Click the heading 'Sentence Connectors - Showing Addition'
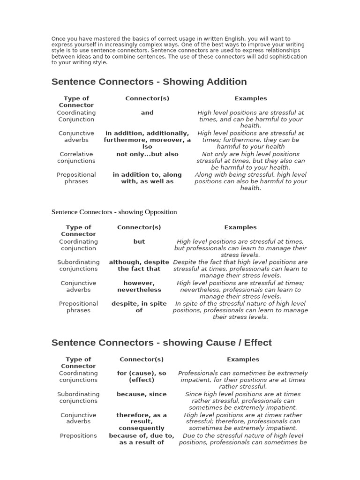(x=149, y=82)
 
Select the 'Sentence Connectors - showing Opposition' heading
(x=114, y=212)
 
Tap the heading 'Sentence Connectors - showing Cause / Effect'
(x=161, y=343)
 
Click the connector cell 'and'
(x=147, y=112)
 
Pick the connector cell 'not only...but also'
(x=147, y=154)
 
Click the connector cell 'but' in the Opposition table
(x=139, y=242)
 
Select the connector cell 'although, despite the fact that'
(x=139, y=266)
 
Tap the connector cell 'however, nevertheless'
(x=139, y=286)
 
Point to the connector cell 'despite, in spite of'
(x=139, y=307)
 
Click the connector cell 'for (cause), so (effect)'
(x=142, y=377)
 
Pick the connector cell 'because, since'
(x=142, y=394)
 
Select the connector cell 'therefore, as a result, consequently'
(x=142, y=421)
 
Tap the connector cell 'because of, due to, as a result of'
(x=142, y=439)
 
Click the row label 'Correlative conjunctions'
(x=76, y=157)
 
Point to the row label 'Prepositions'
(x=78, y=435)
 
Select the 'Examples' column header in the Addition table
(x=251, y=98)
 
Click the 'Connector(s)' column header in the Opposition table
(x=139, y=227)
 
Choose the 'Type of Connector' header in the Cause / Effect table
(x=78, y=363)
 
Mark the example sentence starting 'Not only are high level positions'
(x=251, y=161)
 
